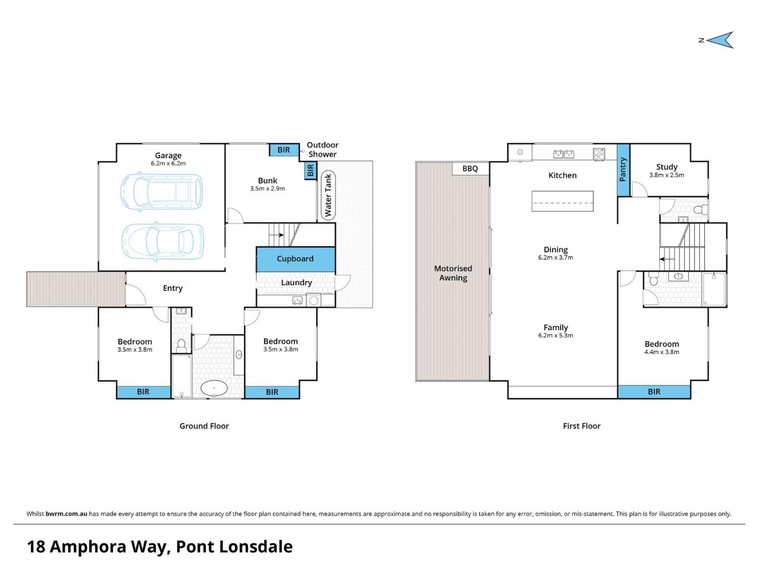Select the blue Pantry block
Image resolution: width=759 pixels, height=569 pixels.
point(623,170)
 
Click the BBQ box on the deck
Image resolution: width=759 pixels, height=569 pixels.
point(470,169)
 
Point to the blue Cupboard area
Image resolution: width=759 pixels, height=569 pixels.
point(296,259)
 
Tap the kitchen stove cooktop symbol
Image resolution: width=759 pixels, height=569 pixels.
point(599,154)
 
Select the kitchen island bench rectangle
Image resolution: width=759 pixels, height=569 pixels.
point(562,201)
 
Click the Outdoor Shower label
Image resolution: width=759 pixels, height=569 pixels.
point(322,150)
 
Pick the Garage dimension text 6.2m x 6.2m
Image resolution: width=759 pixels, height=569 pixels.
point(168,164)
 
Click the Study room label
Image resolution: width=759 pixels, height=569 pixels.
point(667,167)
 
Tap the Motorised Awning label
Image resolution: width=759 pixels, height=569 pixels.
point(453,273)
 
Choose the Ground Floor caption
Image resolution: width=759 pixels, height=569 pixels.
point(204,426)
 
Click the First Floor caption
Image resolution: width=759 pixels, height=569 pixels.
point(582,426)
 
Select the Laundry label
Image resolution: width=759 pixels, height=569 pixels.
point(296,283)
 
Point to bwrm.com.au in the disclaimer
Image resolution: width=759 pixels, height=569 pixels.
point(67,514)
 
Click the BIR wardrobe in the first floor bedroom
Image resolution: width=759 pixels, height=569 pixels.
point(654,392)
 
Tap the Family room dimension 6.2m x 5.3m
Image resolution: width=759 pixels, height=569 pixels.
point(556,336)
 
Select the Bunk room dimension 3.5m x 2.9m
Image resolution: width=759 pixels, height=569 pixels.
point(267,189)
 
